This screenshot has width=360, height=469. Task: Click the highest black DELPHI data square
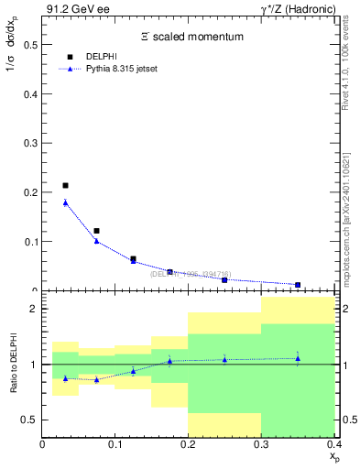[65, 186]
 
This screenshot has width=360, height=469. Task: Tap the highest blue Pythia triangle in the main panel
[65, 202]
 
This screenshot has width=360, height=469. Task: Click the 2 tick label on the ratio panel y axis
[34, 309]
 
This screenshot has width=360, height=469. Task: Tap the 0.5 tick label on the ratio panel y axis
[31, 420]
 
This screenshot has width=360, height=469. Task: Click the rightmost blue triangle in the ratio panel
[298, 358]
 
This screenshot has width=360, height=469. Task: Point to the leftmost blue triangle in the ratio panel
[65, 377]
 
